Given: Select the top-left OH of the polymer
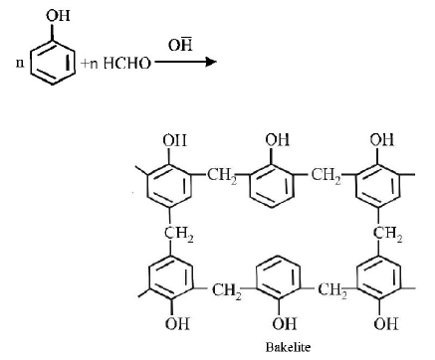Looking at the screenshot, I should tap(174, 140).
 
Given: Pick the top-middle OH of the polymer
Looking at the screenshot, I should tap(277, 140).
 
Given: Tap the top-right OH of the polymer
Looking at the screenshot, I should tap(382, 140).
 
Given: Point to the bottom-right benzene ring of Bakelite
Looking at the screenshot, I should tap(383, 279).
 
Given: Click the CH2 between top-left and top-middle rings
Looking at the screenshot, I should tap(224, 176).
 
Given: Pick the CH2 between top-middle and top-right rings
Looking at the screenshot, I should tap(327, 176).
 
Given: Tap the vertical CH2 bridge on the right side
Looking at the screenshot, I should tap(386, 233).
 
